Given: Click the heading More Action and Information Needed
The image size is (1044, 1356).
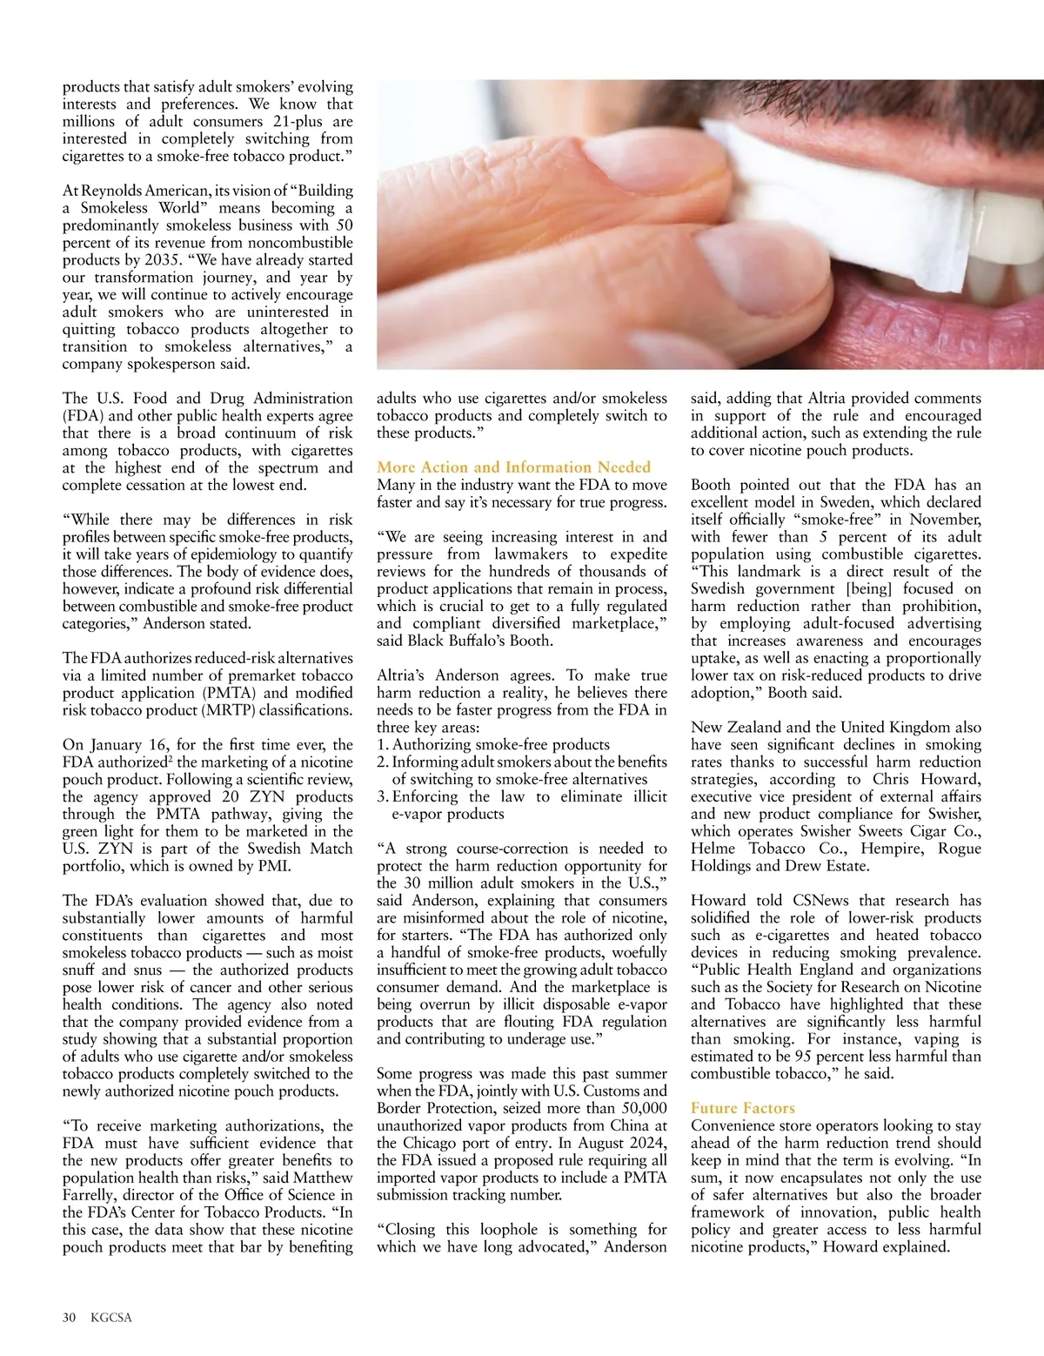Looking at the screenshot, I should pos(513,467).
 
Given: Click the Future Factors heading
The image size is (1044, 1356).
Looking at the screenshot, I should pos(742,1108).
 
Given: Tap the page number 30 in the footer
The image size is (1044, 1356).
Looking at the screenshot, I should pos(70,1317).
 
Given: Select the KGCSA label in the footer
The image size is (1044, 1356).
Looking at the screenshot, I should pos(111,1317).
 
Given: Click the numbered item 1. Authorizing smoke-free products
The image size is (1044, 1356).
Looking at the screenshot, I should pos(493,744).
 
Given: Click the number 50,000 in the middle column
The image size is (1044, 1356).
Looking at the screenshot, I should pos(644,1108).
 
